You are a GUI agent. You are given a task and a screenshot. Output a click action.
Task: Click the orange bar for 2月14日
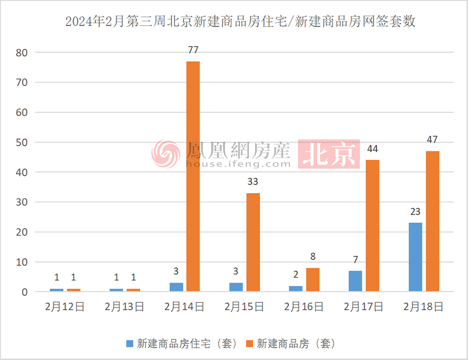[193, 177]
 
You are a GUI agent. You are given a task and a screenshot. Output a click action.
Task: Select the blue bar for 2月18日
[415, 257]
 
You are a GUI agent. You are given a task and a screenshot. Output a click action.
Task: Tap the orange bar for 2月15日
[253, 242]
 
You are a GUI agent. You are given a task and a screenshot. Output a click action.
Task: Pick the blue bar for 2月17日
[355, 281]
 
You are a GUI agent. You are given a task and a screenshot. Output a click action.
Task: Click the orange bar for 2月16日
[313, 280]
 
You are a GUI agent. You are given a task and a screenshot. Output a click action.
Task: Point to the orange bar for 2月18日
[432, 221]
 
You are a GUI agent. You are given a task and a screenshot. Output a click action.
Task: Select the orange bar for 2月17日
[373, 226]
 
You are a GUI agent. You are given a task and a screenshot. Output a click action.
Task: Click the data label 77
[193, 50]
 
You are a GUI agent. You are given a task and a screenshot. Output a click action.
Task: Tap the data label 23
[415, 211]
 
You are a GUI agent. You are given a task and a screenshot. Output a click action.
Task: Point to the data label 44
[373, 149]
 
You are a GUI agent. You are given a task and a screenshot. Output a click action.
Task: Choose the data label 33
[253, 182]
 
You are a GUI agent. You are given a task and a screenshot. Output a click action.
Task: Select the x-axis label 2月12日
[65, 307]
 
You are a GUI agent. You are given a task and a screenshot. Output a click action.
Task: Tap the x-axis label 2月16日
[304, 307]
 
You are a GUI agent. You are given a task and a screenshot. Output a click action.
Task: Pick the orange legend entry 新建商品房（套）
[290, 344]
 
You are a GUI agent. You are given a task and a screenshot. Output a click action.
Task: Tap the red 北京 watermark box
[329, 154]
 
